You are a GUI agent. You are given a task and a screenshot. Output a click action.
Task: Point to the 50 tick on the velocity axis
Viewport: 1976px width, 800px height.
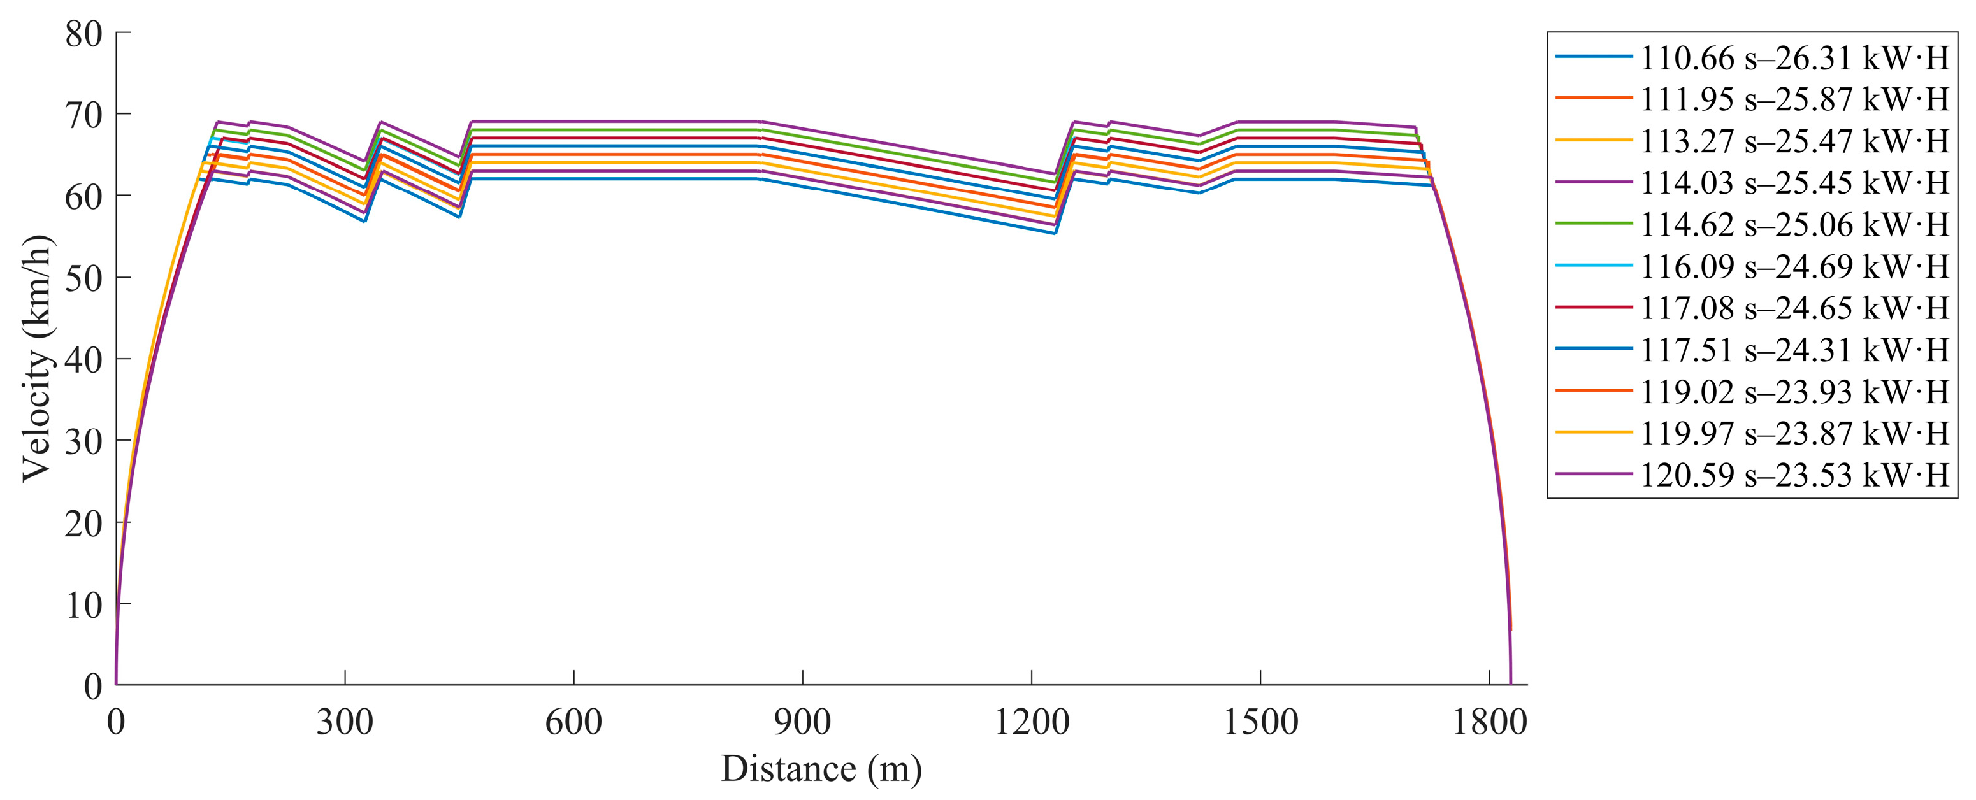pyautogui.click(x=83, y=278)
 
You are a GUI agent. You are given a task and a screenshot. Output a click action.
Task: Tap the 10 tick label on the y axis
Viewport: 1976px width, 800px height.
pyautogui.click(x=83, y=605)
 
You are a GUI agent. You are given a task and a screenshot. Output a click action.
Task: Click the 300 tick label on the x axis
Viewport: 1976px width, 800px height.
pyautogui.click(x=345, y=722)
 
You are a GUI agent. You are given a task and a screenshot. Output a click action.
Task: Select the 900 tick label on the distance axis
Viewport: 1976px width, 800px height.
pyautogui.click(x=802, y=722)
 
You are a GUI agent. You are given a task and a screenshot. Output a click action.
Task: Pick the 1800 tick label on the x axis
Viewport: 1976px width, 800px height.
pyautogui.click(x=1489, y=722)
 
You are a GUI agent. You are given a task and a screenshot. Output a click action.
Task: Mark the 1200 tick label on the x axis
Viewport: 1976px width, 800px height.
pyautogui.click(x=1031, y=722)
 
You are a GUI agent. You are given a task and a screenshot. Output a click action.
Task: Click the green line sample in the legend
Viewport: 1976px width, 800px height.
pyautogui.click(x=1593, y=224)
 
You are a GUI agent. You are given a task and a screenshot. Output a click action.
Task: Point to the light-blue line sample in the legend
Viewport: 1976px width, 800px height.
pyautogui.click(x=1593, y=266)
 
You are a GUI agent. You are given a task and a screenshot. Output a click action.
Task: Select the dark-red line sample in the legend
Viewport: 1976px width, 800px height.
pyautogui.click(x=1593, y=308)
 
